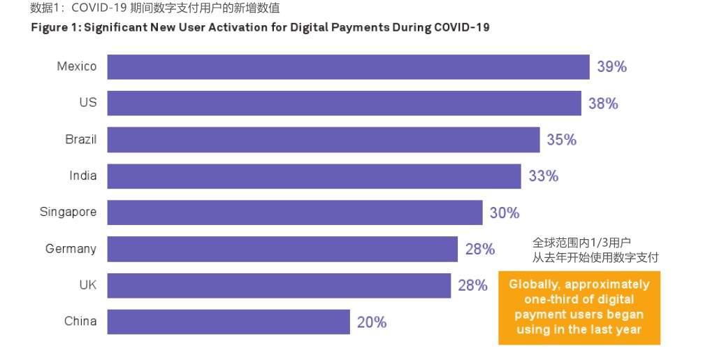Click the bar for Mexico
click(x=349, y=67)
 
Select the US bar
click(x=345, y=103)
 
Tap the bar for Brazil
click(x=324, y=139)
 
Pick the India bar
click(x=314, y=176)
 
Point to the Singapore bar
click(x=295, y=213)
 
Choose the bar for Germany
click(x=282, y=249)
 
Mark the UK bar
click(x=279, y=286)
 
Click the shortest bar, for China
click(x=229, y=322)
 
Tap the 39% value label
click(x=612, y=67)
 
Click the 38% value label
click(x=604, y=103)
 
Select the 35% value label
click(x=562, y=140)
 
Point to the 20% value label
click(x=372, y=322)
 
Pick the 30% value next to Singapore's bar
click(x=505, y=213)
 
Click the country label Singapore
click(x=68, y=212)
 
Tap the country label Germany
click(x=71, y=249)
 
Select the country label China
click(x=80, y=321)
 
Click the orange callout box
click(x=579, y=308)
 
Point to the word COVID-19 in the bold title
click(x=462, y=27)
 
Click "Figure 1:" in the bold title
click(x=56, y=28)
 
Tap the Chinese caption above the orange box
click(x=595, y=250)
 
